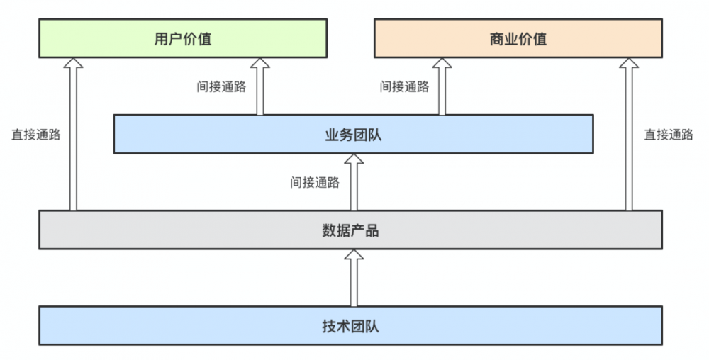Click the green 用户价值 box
182,38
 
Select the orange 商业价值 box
518,38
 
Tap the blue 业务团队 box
353,134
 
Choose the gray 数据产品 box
350,230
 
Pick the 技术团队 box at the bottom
350,326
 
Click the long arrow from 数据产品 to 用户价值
73,135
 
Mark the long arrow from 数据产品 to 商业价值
628,135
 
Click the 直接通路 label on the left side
35,135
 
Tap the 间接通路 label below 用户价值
221,86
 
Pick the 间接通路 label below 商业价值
404,86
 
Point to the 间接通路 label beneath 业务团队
315,182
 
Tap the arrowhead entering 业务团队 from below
354,159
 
